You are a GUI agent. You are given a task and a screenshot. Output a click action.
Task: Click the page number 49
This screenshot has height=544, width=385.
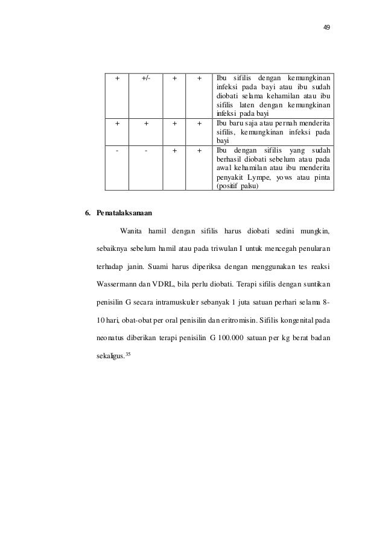(326, 27)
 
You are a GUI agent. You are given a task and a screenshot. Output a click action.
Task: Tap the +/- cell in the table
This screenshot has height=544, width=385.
(146, 78)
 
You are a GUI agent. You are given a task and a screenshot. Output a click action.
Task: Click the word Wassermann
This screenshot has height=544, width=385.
(118, 283)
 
